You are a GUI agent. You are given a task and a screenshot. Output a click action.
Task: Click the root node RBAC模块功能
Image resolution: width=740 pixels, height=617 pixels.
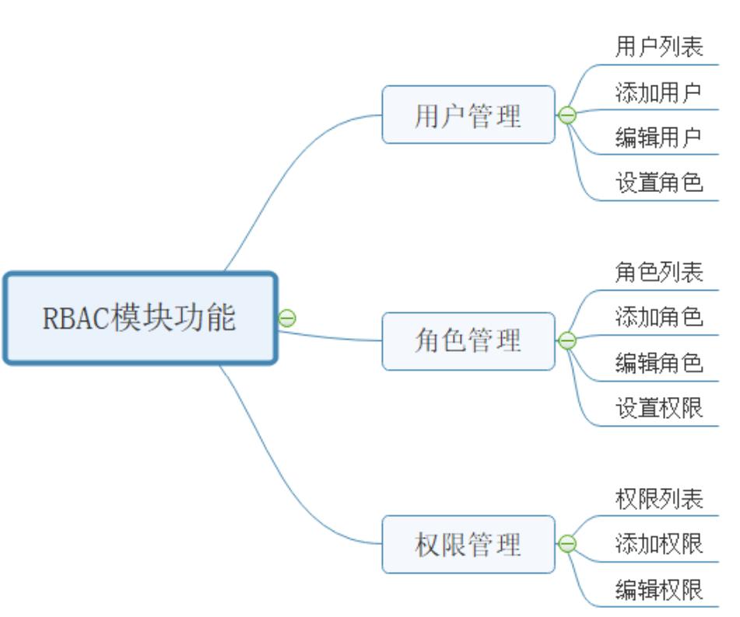coord(140,318)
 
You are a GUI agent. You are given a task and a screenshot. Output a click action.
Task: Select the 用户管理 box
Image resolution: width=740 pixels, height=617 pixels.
coord(468,115)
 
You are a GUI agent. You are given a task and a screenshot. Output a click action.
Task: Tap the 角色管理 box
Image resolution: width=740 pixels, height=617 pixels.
coord(468,340)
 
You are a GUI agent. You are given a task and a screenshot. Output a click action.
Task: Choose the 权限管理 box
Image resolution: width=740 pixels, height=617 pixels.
coord(468,544)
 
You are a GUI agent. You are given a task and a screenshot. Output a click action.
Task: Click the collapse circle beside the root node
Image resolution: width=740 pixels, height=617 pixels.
coord(287,317)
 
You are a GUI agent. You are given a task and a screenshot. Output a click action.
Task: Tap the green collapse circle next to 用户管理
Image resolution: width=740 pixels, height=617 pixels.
coord(567,116)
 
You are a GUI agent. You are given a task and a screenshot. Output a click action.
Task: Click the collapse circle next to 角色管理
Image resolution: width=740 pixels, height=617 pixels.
coord(567,340)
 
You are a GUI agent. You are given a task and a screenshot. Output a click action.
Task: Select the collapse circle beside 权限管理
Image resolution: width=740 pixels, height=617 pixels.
coord(567,544)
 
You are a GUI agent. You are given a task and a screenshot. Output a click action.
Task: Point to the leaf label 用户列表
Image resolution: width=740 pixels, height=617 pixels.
coord(659,47)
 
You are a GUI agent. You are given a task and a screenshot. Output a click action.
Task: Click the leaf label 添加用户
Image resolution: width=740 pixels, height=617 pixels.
coord(659,93)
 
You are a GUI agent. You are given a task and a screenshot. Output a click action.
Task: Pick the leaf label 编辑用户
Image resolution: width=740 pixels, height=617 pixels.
coord(659,138)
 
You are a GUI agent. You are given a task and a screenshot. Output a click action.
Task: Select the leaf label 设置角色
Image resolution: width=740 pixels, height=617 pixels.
coord(659,183)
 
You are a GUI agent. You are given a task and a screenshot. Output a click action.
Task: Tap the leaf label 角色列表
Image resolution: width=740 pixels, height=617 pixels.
coord(659,272)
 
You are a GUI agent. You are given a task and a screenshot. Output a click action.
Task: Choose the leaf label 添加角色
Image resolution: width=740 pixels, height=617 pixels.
coord(659,317)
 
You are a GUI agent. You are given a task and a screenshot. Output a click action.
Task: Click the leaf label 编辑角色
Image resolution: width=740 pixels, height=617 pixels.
coord(659,363)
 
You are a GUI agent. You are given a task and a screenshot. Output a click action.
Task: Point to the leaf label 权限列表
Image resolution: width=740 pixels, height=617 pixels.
coord(659,499)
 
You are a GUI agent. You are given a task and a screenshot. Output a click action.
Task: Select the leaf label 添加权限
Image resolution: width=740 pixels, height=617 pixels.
coord(659,544)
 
